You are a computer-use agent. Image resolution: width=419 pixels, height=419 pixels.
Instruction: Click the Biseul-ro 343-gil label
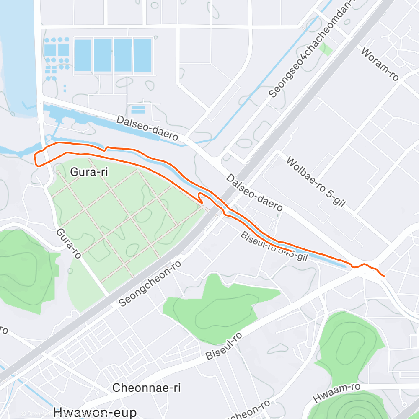pyautogui.click(x=274, y=247)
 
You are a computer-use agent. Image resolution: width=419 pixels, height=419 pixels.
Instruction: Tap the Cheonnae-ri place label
pyautogui.click(x=146, y=388)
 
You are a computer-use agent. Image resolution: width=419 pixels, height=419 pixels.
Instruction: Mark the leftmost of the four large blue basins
pyautogui.click(x=83, y=55)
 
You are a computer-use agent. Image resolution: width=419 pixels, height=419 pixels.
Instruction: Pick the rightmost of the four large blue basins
pyautogui.click(x=142, y=55)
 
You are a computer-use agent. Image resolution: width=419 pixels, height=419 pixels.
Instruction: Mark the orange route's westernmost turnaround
pyautogui.click(x=35, y=158)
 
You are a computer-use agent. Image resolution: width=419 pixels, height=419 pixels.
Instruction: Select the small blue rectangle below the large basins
pyautogui.click(x=138, y=109)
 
